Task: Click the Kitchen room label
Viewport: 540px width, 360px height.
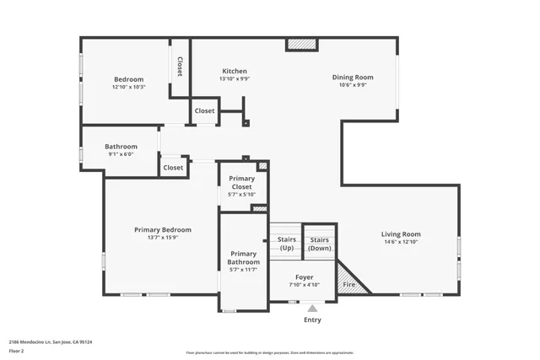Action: point(235,71)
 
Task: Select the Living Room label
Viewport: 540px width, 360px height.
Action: point(401,234)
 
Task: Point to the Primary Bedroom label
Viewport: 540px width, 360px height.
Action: point(163,229)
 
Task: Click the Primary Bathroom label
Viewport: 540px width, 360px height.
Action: point(243,258)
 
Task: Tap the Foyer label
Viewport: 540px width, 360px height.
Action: point(305,277)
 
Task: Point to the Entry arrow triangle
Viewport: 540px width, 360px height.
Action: point(312,309)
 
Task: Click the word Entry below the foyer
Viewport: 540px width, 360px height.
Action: point(312,320)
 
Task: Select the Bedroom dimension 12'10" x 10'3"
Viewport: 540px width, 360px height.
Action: point(128,87)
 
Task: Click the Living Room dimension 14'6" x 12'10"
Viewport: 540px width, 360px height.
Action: point(401,242)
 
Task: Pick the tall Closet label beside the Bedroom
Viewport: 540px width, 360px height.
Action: point(180,66)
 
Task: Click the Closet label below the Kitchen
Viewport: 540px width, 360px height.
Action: point(205,110)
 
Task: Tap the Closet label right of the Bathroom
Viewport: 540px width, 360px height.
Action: point(173,167)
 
